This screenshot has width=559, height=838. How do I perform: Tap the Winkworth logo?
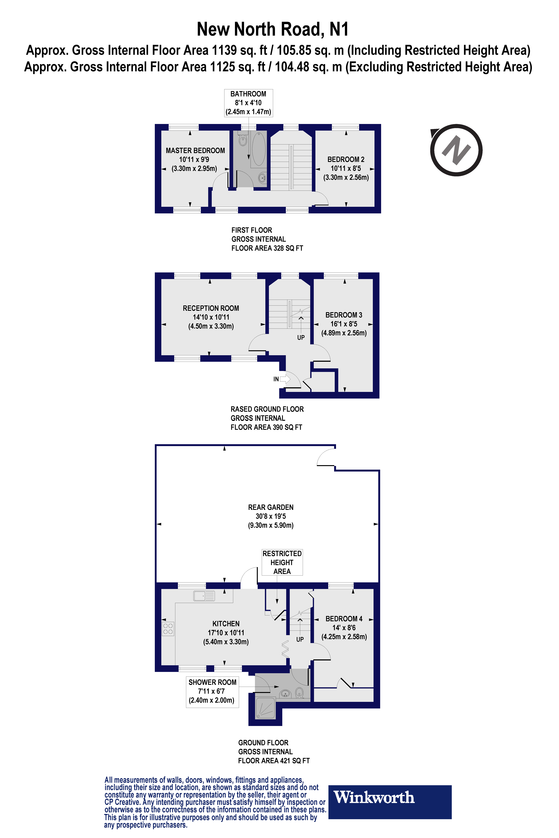(390, 802)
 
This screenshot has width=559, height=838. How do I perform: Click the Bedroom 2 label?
(346, 160)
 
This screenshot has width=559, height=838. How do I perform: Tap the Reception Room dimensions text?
(211, 317)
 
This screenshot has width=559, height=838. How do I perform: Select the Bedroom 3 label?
(344, 315)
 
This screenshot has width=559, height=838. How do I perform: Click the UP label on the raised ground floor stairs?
(301, 337)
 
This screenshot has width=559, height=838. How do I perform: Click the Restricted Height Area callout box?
(282, 562)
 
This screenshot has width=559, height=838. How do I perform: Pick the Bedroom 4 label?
(344, 619)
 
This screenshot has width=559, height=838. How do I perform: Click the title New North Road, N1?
(273, 29)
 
